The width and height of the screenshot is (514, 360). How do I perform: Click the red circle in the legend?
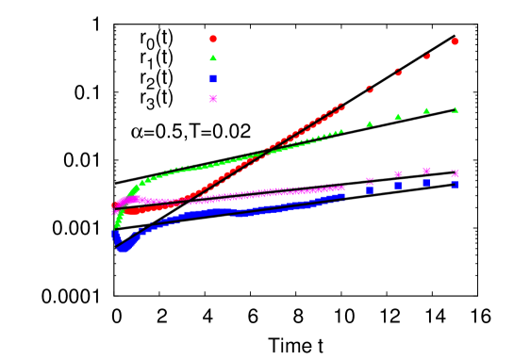(213, 39)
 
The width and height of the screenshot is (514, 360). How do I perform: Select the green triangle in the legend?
(213, 58)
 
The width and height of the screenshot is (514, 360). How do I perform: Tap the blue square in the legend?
(213, 78)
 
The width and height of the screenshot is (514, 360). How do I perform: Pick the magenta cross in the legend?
(213, 98)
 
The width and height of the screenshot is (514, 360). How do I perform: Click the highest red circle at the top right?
(455, 41)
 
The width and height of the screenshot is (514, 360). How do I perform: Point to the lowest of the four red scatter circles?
(370, 90)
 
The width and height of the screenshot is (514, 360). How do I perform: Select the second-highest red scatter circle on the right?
(426, 57)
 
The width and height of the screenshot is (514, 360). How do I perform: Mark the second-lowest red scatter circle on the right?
(398, 73)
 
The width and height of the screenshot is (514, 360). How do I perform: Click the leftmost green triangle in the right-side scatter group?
(370, 123)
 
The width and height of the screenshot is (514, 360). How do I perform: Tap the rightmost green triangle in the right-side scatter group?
(455, 109)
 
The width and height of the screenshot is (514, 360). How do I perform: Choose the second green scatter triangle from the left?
(398, 117)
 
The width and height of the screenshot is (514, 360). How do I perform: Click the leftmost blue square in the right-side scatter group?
(370, 189)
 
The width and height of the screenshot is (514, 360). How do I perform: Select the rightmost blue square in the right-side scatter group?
(455, 184)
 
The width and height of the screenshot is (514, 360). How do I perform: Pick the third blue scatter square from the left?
(426, 182)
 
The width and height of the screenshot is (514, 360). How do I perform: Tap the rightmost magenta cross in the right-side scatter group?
(455, 173)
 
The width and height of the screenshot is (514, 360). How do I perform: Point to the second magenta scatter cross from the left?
(398, 174)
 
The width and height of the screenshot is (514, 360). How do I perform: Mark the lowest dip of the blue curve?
(122, 249)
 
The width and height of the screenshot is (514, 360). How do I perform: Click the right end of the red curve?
(343, 106)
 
